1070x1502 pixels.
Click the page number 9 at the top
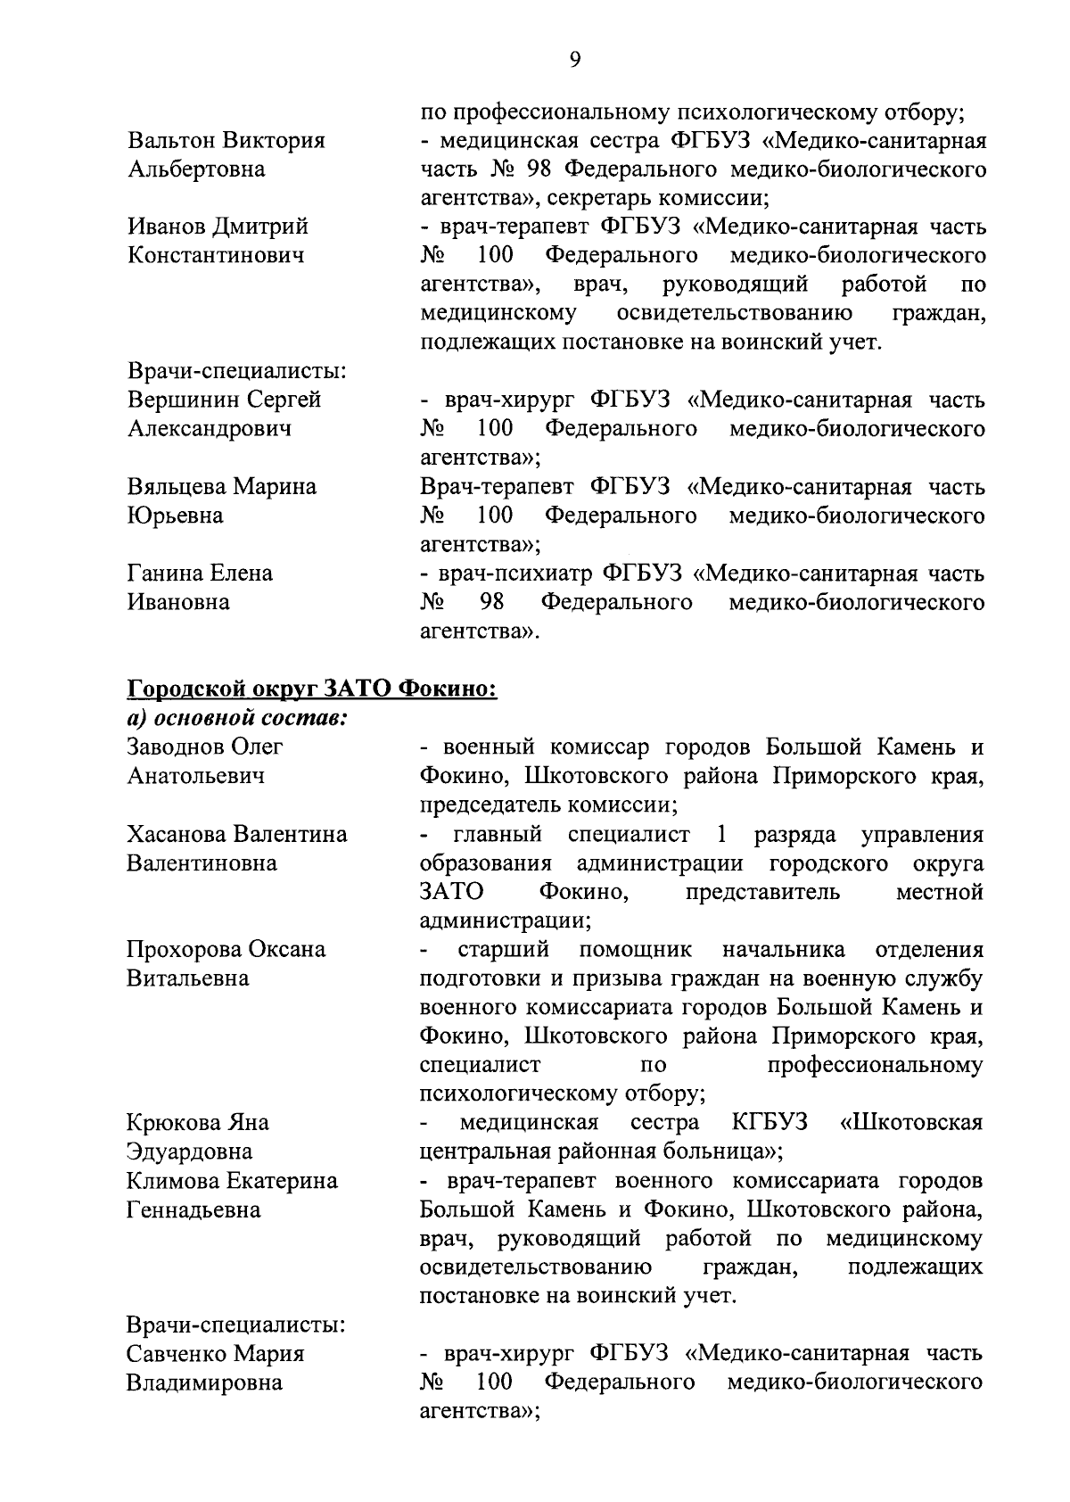[574, 60]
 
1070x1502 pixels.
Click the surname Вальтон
[173, 141]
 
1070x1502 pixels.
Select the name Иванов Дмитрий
[218, 227]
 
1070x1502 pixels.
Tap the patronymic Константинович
[216, 256]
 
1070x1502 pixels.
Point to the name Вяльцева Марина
[222, 487]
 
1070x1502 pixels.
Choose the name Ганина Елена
[200, 573]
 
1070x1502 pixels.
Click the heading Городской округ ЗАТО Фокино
[312, 689]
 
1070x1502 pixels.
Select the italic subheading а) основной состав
[236, 718]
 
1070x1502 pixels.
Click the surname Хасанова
[177, 835]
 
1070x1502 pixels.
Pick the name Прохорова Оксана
[226, 950]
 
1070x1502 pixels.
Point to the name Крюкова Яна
[198, 1123]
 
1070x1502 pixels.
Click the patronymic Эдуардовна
[190, 1151]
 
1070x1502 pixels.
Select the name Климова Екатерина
[232, 1181]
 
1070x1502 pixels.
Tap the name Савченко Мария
[217, 1354]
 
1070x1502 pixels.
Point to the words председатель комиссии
[548, 805]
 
